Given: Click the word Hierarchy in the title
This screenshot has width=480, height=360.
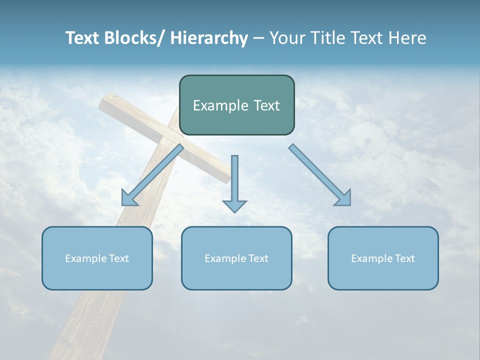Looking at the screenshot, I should [209, 38].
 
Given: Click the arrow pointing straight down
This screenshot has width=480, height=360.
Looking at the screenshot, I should [234, 180].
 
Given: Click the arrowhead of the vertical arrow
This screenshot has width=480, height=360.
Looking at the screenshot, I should [234, 205].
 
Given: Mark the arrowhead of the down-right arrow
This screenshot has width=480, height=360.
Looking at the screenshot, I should [344, 198].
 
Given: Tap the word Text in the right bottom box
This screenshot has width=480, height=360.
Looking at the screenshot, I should [403, 258].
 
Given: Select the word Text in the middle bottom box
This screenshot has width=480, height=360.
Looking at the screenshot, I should [257, 258].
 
